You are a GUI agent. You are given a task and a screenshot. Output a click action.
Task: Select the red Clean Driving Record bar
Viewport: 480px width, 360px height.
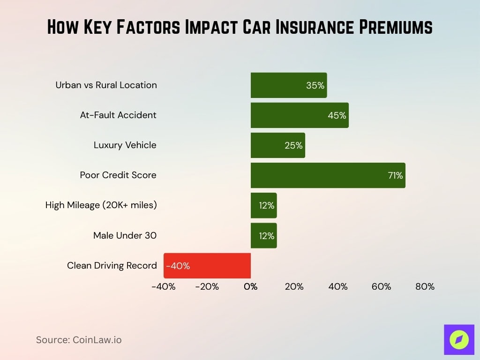[207, 265]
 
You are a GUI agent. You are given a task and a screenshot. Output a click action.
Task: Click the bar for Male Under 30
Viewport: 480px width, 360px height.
[263, 235]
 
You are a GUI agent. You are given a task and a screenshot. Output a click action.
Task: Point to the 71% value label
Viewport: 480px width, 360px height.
[395, 175]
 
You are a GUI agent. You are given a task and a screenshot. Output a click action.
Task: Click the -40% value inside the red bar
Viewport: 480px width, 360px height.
[178, 266]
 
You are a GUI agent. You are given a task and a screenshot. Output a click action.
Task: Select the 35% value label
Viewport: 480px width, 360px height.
[315, 85]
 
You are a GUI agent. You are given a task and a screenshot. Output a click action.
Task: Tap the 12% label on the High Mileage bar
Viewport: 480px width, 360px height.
[266, 205]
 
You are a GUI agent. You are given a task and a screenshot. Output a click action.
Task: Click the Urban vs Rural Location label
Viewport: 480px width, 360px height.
[106, 85]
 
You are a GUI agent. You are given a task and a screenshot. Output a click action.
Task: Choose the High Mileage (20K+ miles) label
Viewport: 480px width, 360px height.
[101, 205]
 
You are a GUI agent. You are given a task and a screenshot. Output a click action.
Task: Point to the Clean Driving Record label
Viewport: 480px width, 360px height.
[112, 266]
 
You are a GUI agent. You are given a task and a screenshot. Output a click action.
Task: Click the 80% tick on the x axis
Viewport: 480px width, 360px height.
[425, 286]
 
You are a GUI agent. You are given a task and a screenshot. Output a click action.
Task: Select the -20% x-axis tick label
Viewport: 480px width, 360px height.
[207, 286]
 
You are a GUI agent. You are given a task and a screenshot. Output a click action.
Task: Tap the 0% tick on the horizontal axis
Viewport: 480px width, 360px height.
[251, 286]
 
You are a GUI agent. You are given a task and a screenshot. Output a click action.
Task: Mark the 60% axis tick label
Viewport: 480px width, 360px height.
[381, 286]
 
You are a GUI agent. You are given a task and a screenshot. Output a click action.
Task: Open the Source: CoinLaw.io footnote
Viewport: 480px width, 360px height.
[79, 340]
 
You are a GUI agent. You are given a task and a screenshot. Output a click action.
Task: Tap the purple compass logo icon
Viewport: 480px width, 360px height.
[459, 339]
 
